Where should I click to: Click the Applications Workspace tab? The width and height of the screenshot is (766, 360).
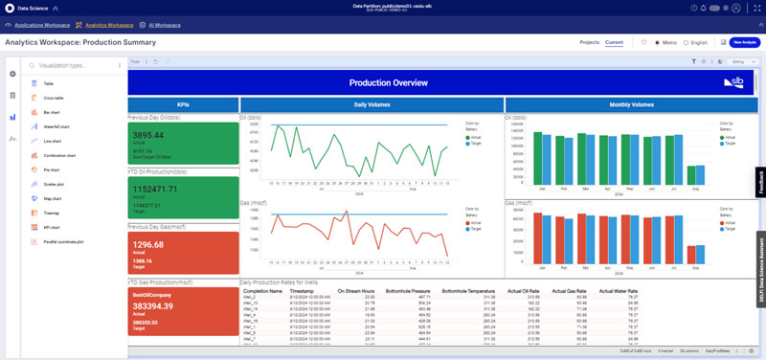(42, 24)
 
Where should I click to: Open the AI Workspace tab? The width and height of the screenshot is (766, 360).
(162, 24)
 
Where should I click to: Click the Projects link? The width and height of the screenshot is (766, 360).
(589, 42)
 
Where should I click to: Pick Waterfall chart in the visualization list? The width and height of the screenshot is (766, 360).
(57, 125)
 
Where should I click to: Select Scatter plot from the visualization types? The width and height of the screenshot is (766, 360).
(56, 183)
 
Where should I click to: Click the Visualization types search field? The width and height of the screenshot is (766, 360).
(72, 66)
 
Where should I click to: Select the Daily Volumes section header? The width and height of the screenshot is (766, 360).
(372, 104)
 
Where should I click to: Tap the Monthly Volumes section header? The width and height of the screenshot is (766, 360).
(632, 104)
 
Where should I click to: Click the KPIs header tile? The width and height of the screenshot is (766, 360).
(183, 104)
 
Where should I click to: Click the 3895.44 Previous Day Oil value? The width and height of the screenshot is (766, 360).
(153, 136)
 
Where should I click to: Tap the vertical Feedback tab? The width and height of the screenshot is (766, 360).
(761, 182)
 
